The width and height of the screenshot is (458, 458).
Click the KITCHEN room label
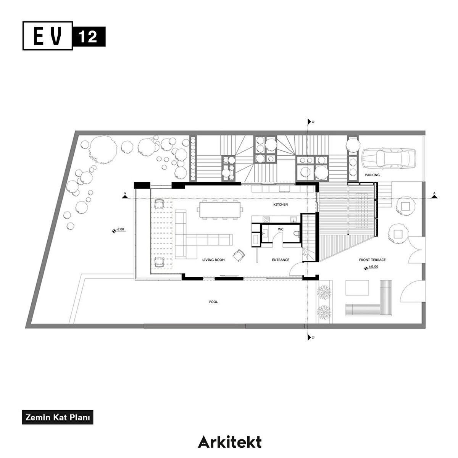point(281,205)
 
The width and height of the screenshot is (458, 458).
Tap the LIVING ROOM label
point(213,260)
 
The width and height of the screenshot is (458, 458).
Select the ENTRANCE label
point(281,260)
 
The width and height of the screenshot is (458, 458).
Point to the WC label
point(281,229)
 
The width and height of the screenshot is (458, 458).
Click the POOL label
point(213,302)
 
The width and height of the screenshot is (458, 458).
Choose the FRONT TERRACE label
point(372,260)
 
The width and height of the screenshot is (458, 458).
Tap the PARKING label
point(373,175)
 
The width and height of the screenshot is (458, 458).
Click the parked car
point(389,159)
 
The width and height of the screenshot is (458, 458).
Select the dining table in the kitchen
point(220,210)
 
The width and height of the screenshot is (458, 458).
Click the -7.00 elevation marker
point(118,230)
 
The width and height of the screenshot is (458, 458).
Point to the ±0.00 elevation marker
point(371,268)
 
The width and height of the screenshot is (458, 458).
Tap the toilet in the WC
point(297,234)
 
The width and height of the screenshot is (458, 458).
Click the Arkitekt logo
point(230,442)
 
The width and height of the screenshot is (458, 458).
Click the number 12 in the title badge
point(88,37)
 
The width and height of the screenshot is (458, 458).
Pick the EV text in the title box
point(48,36)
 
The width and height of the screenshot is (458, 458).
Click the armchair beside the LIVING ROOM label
point(239,255)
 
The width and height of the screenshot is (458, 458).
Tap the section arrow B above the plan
point(310,122)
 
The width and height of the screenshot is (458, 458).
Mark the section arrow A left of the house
point(124,196)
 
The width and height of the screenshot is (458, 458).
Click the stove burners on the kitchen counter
point(266,219)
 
